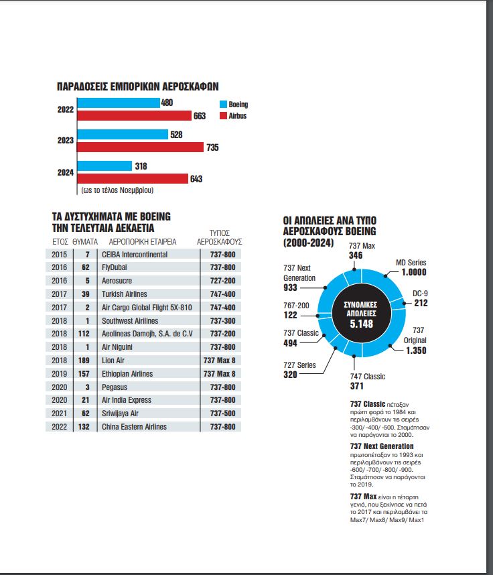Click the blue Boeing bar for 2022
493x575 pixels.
(x=118, y=103)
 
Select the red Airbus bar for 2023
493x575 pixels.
(x=140, y=147)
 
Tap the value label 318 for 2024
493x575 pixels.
(x=141, y=166)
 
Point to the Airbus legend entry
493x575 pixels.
(x=233, y=116)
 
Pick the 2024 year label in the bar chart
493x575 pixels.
(x=65, y=172)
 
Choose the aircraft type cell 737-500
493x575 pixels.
(x=221, y=413)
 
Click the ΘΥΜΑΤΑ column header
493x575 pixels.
(x=85, y=241)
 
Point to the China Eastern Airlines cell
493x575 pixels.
(x=135, y=427)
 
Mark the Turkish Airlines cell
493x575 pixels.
(x=124, y=294)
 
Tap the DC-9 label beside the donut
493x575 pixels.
(x=420, y=293)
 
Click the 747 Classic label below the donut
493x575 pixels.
(x=368, y=377)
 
